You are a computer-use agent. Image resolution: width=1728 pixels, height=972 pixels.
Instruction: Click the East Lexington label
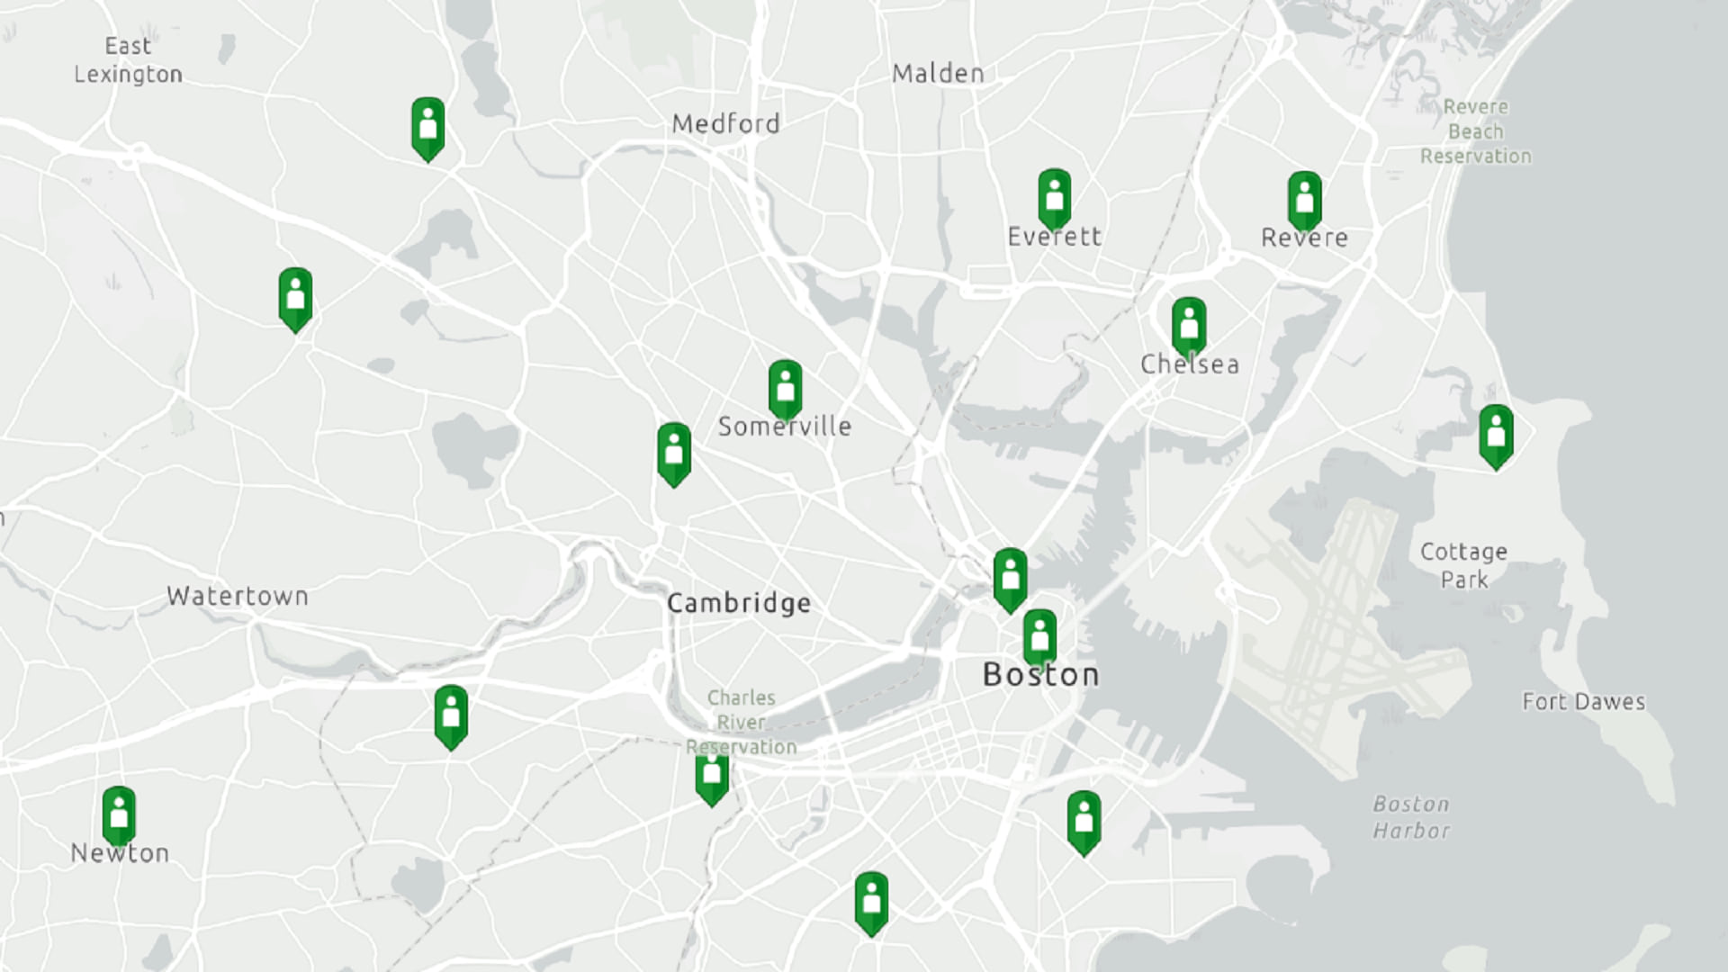(x=128, y=59)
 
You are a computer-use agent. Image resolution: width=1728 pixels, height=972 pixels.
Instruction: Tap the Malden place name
(x=938, y=74)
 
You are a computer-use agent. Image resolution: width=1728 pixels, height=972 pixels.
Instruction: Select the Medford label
(x=725, y=124)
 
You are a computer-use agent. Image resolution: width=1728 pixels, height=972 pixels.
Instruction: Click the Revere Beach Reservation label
(x=1475, y=131)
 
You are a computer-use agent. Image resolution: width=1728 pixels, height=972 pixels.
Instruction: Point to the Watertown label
(x=238, y=596)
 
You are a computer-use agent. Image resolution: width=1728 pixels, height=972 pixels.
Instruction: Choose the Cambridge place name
(x=739, y=603)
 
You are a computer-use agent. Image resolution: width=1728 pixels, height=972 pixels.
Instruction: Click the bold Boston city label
(x=1040, y=675)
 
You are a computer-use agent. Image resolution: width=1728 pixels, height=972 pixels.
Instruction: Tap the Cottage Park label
(x=1463, y=565)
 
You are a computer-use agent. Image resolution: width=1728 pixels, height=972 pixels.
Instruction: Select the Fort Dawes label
(x=1583, y=702)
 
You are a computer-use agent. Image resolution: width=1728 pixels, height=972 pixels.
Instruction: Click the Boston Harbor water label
(x=1411, y=817)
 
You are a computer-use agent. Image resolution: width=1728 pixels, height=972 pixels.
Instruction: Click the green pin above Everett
(x=1054, y=196)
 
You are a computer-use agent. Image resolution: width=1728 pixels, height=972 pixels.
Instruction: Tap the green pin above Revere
(x=1304, y=199)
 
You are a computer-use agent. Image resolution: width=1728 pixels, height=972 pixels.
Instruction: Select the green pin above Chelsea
(x=1189, y=325)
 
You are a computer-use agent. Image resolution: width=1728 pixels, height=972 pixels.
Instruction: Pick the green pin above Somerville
(x=785, y=388)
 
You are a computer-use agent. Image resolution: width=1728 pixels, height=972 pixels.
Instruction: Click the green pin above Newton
(x=119, y=814)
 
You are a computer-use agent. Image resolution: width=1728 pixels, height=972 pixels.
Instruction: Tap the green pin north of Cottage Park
(x=1496, y=434)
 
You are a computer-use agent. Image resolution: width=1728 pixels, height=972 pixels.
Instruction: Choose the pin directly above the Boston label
(x=1039, y=636)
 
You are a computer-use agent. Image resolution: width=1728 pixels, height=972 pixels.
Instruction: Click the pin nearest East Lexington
(x=427, y=126)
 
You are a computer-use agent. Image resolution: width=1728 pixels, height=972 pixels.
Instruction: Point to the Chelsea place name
(x=1189, y=364)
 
